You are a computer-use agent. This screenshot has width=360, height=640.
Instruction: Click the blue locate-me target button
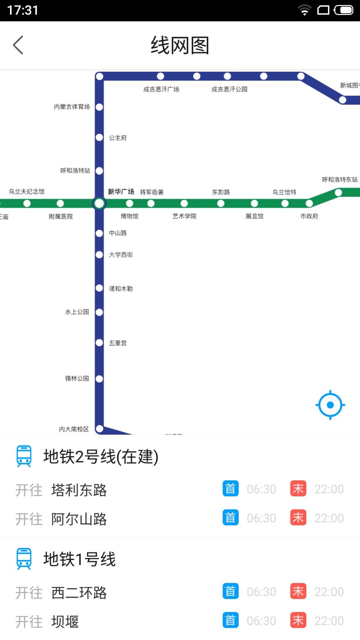(x=330, y=405)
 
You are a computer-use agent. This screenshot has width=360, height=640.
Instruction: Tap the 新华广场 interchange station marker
(x=99, y=203)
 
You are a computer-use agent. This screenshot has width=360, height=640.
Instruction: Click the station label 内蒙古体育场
(x=72, y=107)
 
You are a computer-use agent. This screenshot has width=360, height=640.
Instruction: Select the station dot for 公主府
(x=99, y=137)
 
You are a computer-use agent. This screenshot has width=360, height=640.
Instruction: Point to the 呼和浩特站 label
(x=75, y=170)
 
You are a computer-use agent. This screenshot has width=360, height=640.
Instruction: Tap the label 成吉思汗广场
(x=161, y=89)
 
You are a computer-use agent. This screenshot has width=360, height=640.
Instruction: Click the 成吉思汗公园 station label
(x=229, y=89)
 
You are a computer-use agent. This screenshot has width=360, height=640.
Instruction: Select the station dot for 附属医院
(x=60, y=203)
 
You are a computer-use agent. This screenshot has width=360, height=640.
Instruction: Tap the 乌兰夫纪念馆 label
(x=27, y=192)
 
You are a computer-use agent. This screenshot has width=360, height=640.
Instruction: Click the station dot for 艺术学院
(x=184, y=203)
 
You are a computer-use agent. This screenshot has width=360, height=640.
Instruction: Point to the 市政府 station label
(x=309, y=216)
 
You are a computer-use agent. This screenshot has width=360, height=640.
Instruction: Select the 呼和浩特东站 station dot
(x=338, y=192)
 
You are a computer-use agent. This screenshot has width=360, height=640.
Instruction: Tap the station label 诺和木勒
(x=121, y=289)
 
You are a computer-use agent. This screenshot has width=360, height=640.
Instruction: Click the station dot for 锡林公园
(x=99, y=379)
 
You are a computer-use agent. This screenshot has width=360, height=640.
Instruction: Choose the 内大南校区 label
(x=74, y=429)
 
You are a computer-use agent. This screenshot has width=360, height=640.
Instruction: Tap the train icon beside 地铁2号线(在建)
(x=24, y=456)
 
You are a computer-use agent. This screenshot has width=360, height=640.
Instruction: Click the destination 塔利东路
(x=79, y=490)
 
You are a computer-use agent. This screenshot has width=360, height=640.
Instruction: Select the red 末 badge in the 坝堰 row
(x=298, y=621)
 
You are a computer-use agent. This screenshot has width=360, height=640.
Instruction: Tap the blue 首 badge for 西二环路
(x=230, y=592)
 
